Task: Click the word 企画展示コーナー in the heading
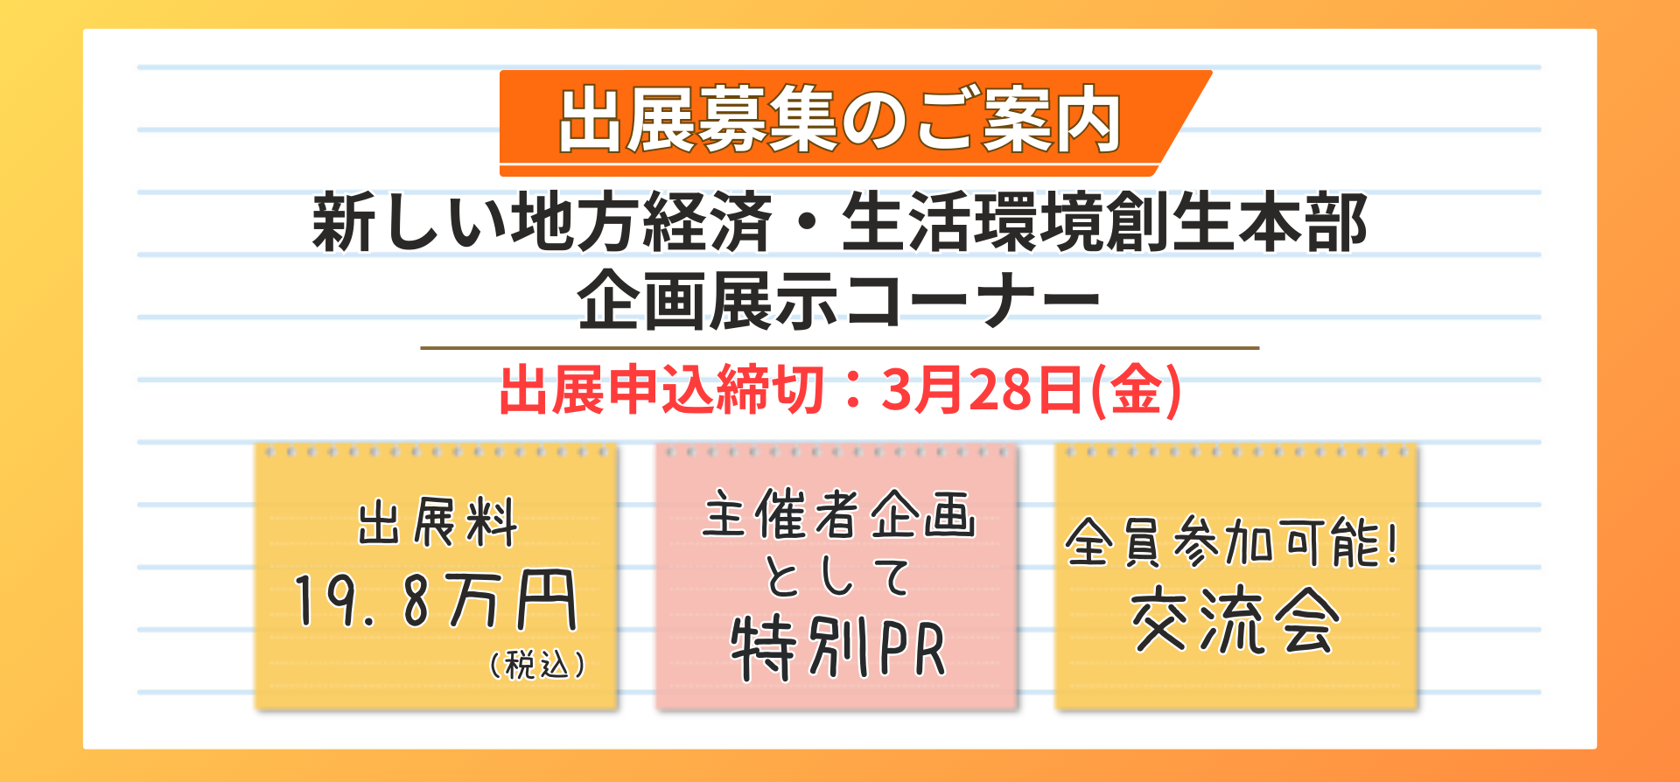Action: (839, 300)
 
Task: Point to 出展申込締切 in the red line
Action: (661, 390)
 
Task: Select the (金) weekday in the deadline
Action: (1136, 390)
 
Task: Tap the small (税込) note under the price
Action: (537, 665)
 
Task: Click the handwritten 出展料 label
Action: (437, 523)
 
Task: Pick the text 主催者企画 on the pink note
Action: (838, 514)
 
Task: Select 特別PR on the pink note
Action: (838, 648)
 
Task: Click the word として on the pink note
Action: (838, 577)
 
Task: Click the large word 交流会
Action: (1235, 621)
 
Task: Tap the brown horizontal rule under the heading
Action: (839, 348)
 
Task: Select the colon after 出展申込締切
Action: (852, 391)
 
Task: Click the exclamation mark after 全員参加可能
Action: (1391, 543)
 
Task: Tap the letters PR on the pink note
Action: (912, 650)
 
